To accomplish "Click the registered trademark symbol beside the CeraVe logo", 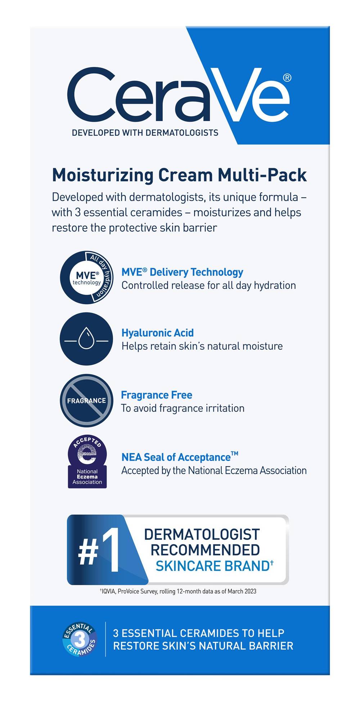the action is point(287,78).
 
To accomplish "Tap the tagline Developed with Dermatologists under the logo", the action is point(145,133).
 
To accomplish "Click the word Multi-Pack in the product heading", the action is point(262,175).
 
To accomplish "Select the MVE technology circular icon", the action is point(86,277).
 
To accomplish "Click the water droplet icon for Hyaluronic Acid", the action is point(86,339).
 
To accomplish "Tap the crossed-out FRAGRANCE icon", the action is point(86,400).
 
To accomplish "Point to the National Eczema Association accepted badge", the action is point(87,462).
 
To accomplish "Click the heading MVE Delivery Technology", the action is point(182,272).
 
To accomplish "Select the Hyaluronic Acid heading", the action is point(157,333).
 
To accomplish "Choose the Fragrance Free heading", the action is point(157,395).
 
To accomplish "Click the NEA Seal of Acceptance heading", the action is point(180,457).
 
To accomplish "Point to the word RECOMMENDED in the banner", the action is point(205,550).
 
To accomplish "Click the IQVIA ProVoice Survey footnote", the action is point(178,591).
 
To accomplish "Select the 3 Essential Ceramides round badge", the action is point(80,639).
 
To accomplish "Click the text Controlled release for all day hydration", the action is point(208,285).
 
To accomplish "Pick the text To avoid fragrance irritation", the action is point(183,408).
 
